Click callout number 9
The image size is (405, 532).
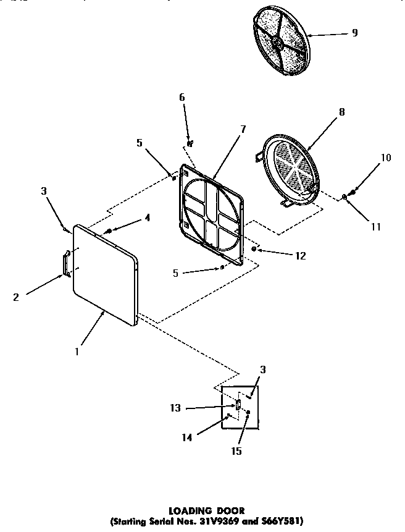point(354,33)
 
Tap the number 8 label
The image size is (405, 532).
point(341,112)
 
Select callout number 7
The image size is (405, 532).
point(243,129)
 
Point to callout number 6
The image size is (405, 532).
point(182,98)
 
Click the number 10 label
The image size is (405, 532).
point(385,158)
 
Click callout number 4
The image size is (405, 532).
point(147,217)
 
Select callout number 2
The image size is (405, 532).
point(16,297)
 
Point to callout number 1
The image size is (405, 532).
point(77,352)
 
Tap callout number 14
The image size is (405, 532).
point(186,437)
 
